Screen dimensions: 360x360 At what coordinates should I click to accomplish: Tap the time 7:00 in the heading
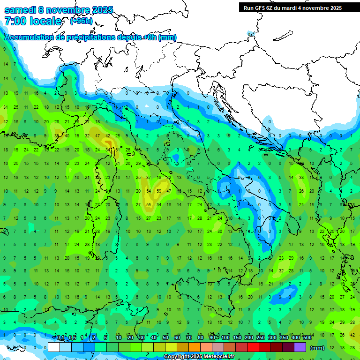click(15, 21)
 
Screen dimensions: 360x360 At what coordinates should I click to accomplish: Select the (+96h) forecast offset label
click(81, 21)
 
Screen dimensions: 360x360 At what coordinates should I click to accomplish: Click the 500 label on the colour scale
click(307, 338)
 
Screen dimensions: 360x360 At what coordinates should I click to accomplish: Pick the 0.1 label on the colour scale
click(60, 338)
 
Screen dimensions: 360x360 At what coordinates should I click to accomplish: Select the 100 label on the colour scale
click(225, 338)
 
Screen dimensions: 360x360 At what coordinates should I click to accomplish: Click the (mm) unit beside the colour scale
click(317, 348)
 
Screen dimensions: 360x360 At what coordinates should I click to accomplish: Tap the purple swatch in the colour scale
click(300, 347)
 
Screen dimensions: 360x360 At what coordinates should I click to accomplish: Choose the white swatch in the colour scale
click(54, 347)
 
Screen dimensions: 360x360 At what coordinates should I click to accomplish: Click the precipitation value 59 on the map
click(159, 191)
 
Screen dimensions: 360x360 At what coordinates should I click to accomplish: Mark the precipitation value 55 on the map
click(149, 204)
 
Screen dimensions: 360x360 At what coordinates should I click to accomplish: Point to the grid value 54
click(149, 191)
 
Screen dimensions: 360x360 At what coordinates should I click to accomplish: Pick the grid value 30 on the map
click(220, 232)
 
